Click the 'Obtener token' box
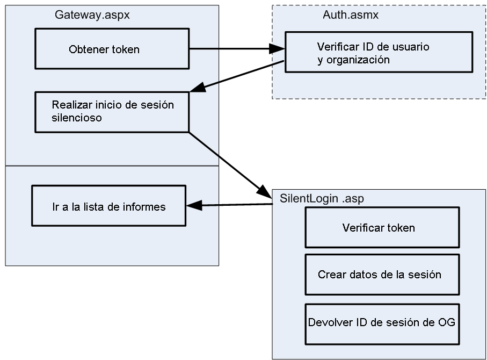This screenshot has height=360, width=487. pos(112,49)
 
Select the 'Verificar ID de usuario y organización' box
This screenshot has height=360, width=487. pos(379,53)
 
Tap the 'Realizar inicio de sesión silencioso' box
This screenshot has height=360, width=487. pos(112,112)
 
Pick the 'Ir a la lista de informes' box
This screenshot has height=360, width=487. pos(108,206)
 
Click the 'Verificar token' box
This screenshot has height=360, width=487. pos(382,228)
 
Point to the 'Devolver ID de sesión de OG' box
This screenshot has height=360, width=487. pos(382,324)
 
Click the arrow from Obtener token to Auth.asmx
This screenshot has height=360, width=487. pos(236,49)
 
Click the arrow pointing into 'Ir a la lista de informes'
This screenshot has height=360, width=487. pos(228,205)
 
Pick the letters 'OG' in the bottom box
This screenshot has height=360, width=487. pos(447,323)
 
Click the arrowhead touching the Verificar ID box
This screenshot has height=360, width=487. pos(277,49)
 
